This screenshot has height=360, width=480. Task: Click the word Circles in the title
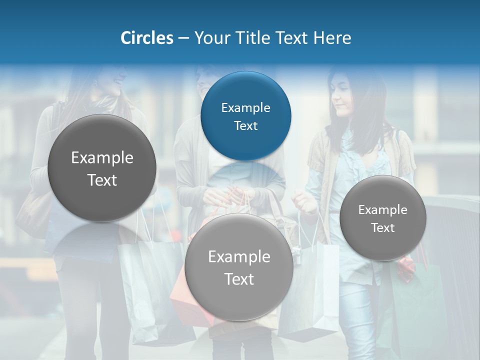(147, 38)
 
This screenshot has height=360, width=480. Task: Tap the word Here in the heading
(332, 38)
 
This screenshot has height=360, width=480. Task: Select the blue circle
(245, 116)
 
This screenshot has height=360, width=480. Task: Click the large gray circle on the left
(102, 168)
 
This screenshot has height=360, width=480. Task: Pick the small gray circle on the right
(383, 218)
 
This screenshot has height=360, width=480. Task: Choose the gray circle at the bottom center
(239, 267)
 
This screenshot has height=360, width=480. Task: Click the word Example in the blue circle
(245, 107)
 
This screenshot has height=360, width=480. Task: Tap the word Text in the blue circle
(245, 125)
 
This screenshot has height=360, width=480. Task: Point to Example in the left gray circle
(102, 158)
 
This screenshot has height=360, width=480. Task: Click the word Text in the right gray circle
(383, 227)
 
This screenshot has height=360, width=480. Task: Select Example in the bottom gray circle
(239, 257)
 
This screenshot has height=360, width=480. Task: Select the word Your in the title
(210, 38)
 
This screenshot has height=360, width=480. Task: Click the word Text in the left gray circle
(102, 180)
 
